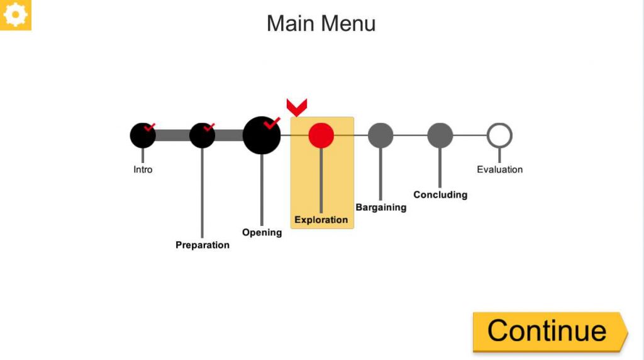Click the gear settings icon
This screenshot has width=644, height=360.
[x=15, y=14]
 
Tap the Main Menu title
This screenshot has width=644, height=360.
[x=321, y=23]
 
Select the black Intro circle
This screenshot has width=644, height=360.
[x=142, y=136]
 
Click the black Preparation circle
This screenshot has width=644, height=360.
[x=202, y=136]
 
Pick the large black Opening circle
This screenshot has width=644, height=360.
[x=261, y=136]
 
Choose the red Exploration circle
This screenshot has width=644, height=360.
[x=321, y=135]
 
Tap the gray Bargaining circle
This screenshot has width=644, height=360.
[x=380, y=135]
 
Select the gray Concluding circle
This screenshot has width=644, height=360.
[x=440, y=135]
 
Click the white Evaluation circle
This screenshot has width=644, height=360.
[x=499, y=135]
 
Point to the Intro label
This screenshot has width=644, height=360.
[x=143, y=169]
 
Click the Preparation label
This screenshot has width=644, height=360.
[x=203, y=245]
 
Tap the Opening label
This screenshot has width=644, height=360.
[x=262, y=232]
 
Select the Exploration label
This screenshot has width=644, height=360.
[x=321, y=220]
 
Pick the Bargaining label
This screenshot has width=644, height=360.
[x=380, y=207]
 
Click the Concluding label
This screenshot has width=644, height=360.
[x=440, y=194]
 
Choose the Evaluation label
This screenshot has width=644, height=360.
[x=499, y=169]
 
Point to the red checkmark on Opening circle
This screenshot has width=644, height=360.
[x=272, y=123]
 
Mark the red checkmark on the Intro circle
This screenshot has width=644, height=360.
[x=150, y=127]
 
